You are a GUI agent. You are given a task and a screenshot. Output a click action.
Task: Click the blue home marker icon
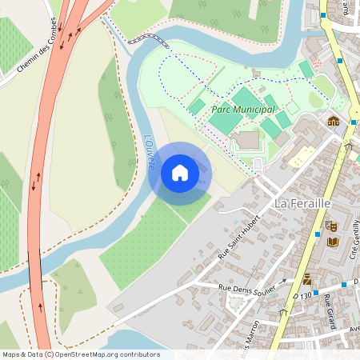click(x=179, y=173)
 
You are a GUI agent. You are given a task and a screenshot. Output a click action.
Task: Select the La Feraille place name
click(x=302, y=204)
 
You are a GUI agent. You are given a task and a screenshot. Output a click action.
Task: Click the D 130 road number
click(x=302, y=296)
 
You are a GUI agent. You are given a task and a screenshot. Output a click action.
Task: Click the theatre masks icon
click(x=331, y=226)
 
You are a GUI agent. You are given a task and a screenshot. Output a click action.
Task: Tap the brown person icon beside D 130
click(x=307, y=279)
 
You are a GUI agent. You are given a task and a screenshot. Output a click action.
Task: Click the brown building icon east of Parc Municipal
click(x=333, y=122)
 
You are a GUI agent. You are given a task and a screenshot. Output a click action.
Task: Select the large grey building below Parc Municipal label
click(x=247, y=140)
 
